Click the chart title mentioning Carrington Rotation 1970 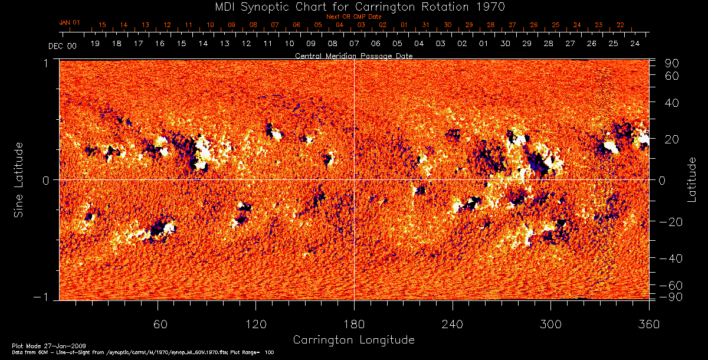pos(353,6)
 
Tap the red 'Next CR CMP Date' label pos(354,17)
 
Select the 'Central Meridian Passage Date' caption pos(353,55)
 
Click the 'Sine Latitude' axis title pos(19,179)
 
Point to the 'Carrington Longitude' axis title pos(353,340)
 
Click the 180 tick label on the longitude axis pos(354,324)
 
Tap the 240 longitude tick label pos(453,324)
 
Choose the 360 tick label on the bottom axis pos(648,324)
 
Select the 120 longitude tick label pos(256,324)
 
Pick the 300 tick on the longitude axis pos(550,324)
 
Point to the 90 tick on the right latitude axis pos(673,63)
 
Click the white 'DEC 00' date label pos(63,45)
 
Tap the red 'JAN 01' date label pos(69,22)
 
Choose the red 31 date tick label pos(426,25)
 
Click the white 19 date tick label pos(95,44)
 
